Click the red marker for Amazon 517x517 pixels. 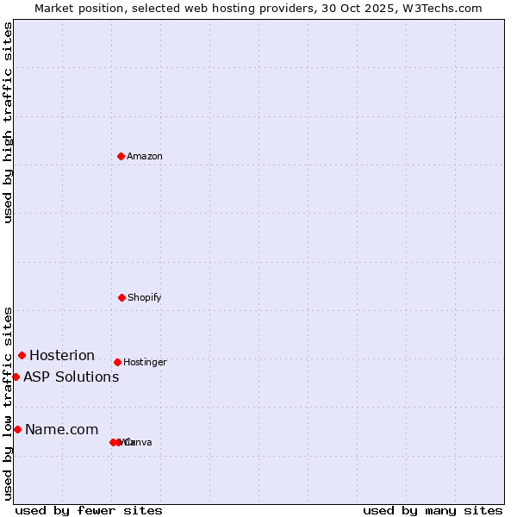coord(121,156)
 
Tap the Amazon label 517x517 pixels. coord(145,157)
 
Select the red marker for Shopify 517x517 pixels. coord(121,297)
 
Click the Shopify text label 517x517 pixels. coord(145,298)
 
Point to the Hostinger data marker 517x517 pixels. coord(117,362)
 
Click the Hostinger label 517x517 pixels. coord(145,363)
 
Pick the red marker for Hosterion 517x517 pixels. coord(22,355)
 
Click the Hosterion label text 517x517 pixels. coord(62,356)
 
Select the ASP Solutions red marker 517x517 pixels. coord(16,377)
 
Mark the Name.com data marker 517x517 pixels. coord(17,429)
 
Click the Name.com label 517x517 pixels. coord(62,430)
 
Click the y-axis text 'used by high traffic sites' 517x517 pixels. coord(9,122)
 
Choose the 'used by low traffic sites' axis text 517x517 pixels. coord(9,403)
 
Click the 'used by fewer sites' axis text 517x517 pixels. coord(89,510)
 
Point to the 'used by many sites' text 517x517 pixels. coord(433,510)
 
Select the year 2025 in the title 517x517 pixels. coord(379,8)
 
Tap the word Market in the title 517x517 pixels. coord(53,8)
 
